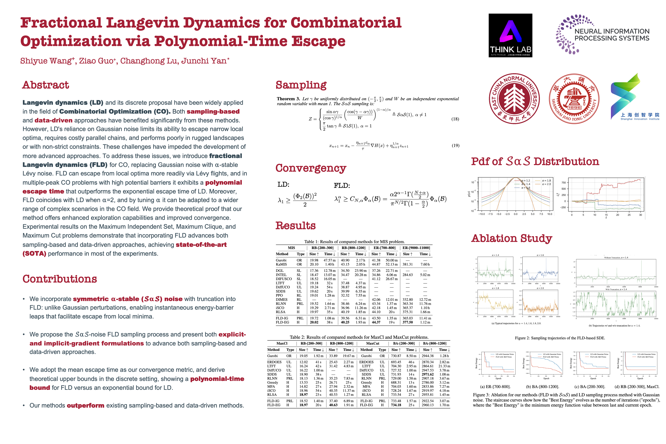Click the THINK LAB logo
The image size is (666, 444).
510,35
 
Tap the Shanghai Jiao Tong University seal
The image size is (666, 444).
574,99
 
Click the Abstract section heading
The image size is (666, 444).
46,85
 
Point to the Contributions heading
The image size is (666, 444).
60,279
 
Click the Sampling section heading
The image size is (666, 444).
301,85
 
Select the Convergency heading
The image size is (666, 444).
311,168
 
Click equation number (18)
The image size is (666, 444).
455,119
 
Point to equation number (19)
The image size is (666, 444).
455,146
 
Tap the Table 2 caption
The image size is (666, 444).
359,337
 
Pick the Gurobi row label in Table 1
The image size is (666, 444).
281,260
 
